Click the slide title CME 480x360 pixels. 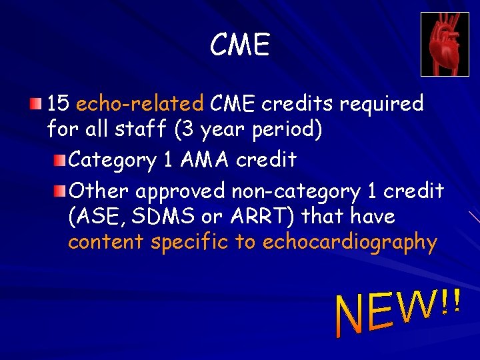tap(239, 45)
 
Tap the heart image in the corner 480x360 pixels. tap(445, 44)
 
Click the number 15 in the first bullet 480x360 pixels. tap(58, 103)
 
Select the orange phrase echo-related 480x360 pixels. tap(140, 103)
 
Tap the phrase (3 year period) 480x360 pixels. tap(249, 129)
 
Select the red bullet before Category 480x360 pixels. tap(60, 160)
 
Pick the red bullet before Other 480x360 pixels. tap(60, 191)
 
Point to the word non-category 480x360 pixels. tap(295, 191)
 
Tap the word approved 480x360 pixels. tap(181, 192)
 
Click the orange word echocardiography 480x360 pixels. tap(350, 243)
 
